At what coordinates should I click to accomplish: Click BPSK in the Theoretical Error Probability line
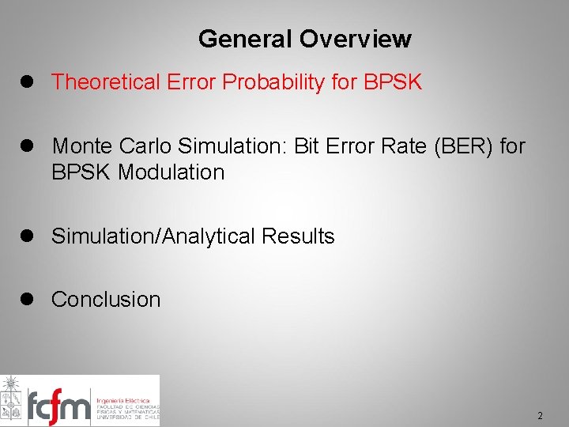point(393,81)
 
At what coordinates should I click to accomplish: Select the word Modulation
point(171,172)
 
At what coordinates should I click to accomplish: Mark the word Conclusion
point(106,300)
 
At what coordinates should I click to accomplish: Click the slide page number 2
point(540,416)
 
